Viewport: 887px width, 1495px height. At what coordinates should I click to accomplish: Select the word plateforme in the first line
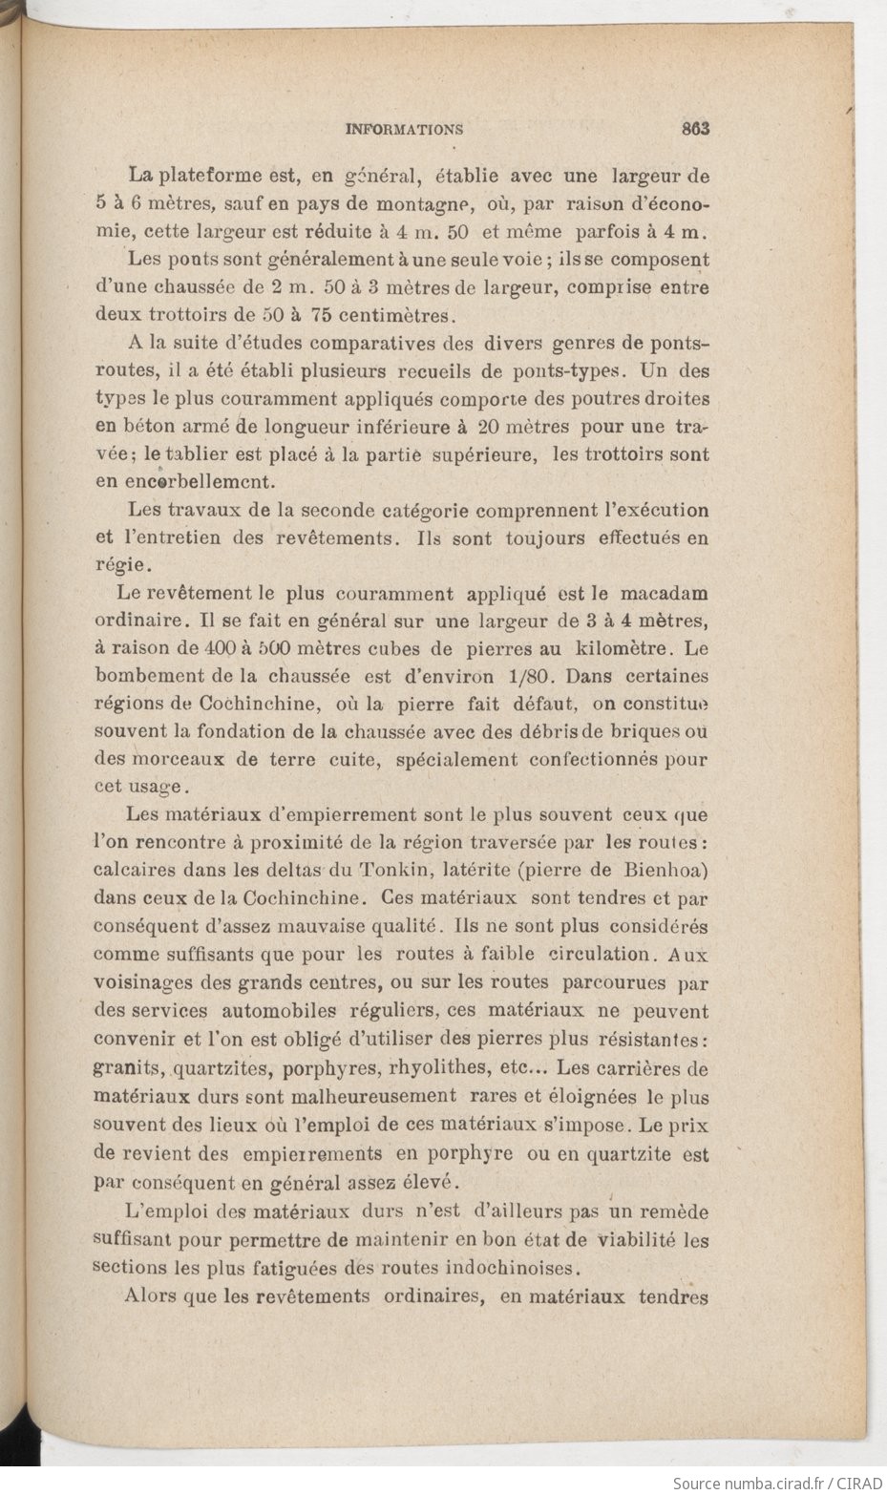point(207,177)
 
